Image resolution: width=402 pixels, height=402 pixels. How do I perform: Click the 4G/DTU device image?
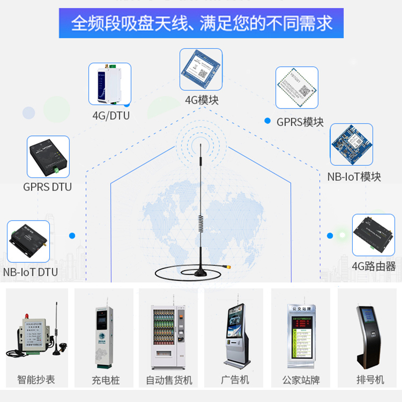(110, 84)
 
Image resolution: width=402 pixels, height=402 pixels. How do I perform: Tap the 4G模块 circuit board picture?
(201, 69)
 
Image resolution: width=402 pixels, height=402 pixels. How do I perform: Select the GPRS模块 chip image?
(297, 87)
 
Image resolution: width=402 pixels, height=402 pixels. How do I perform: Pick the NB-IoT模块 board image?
(351, 145)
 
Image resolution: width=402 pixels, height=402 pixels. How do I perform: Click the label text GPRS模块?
(300, 122)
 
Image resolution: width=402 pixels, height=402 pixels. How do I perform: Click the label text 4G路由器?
(373, 266)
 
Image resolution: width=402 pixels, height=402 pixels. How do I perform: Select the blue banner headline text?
(202, 24)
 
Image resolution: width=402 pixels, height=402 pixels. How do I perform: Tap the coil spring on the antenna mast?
(201, 224)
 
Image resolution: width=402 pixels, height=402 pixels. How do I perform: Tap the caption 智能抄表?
(36, 380)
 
